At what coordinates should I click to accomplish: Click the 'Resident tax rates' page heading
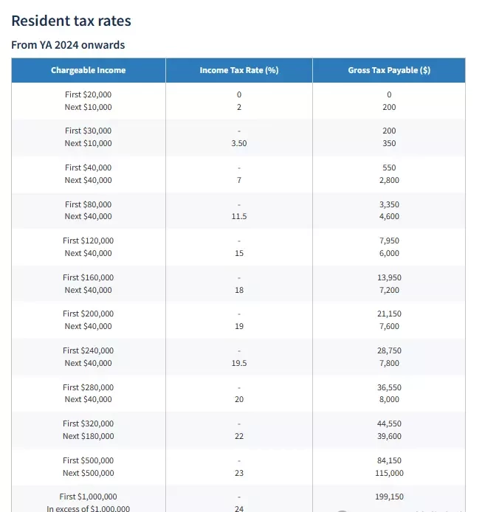pyautogui.click(x=72, y=21)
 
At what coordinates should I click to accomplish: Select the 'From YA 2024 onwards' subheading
pyautogui.click(x=68, y=45)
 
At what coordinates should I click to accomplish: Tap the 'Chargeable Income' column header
pyautogui.click(x=89, y=70)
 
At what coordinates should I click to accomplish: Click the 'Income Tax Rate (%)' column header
pyautogui.click(x=239, y=70)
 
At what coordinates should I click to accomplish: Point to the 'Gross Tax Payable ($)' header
pyautogui.click(x=389, y=70)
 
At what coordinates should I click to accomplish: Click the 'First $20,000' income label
pyautogui.click(x=89, y=94)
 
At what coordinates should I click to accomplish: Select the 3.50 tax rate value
pyautogui.click(x=239, y=143)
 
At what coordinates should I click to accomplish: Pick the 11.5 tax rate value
pyautogui.click(x=239, y=216)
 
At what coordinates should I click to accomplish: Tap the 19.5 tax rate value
pyautogui.click(x=239, y=363)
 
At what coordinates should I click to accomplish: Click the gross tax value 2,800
pyautogui.click(x=389, y=180)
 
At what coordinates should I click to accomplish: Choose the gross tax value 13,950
pyautogui.click(x=389, y=277)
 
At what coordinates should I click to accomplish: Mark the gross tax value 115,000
pyautogui.click(x=389, y=473)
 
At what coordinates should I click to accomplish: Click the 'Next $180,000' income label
pyautogui.click(x=89, y=436)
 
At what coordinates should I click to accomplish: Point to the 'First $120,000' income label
pyautogui.click(x=89, y=241)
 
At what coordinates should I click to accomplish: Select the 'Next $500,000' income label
pyautogui.click(x=89, y=473)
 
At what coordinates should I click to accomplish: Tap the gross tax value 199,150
pyautogui.click(x=389, y=497)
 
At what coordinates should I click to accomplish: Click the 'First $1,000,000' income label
pyautogui.click(x=89, y=497)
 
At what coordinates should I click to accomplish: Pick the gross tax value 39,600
pyautogui.click(x=389, y=436)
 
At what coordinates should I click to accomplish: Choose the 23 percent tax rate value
pyautogui.click(x=239, y=473)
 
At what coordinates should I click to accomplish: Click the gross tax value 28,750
pyautogui.click(x=389, y=350)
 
